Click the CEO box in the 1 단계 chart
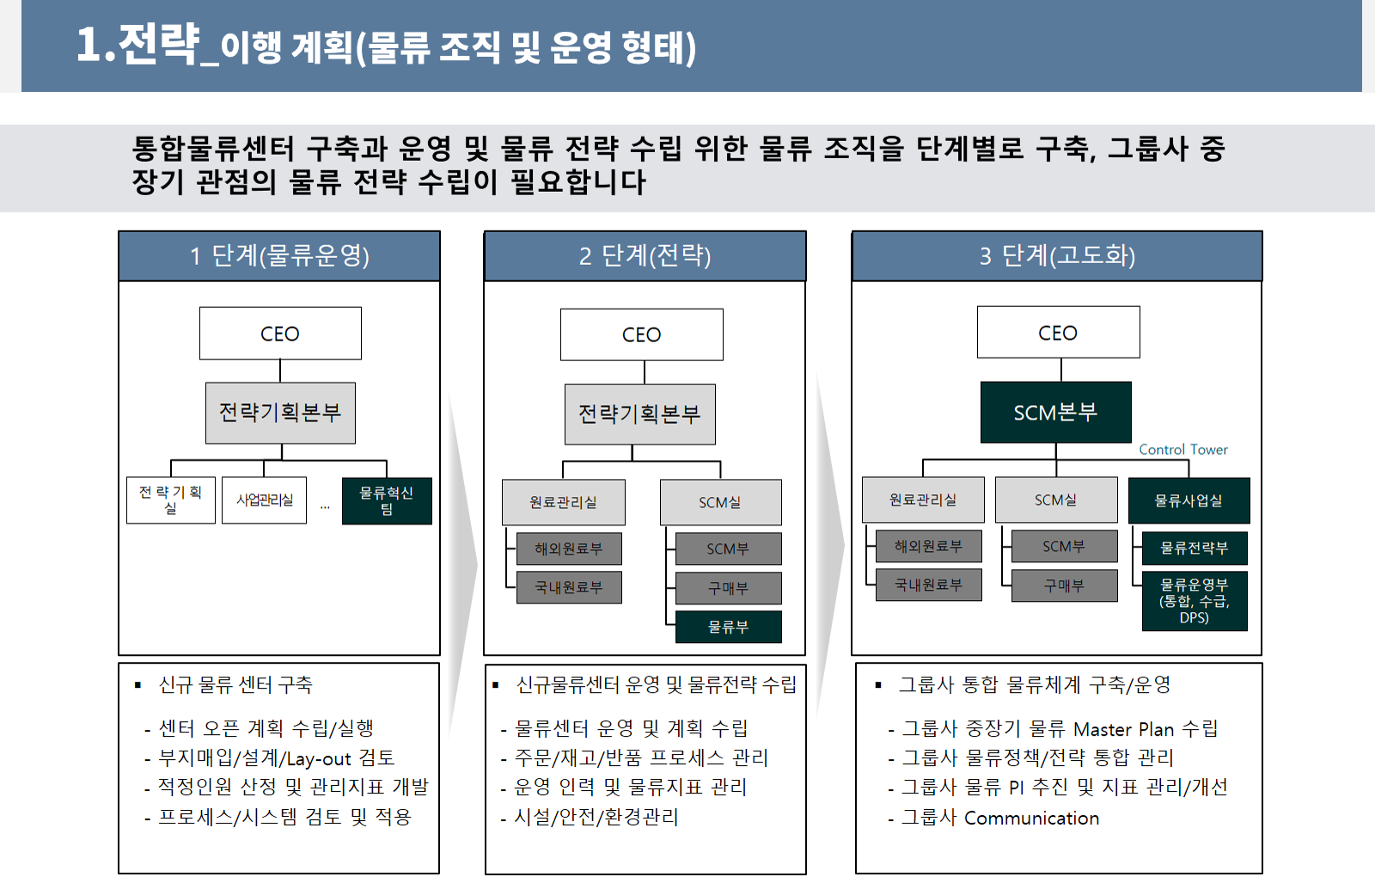[280, 334]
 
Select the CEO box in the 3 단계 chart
[1058, 332]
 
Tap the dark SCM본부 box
[1056, 412]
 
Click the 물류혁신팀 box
[387, 501]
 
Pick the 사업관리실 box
[264, 500]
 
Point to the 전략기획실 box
[171, 500]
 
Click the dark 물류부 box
[729, 627]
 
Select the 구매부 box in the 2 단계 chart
[729, 588]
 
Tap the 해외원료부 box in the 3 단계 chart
[929, 546]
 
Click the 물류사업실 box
[1189, 500]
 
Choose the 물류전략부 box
[1195, 548]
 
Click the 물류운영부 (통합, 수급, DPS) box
[1195, 601]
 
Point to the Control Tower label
[1183, 450]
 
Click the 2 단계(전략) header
[645, 256]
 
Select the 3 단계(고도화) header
[1057, 256]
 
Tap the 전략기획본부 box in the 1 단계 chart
[280, 413]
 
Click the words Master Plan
[1124, 729]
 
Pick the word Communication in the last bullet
[1032, 818]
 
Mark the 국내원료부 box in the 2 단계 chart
[569, 587]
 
